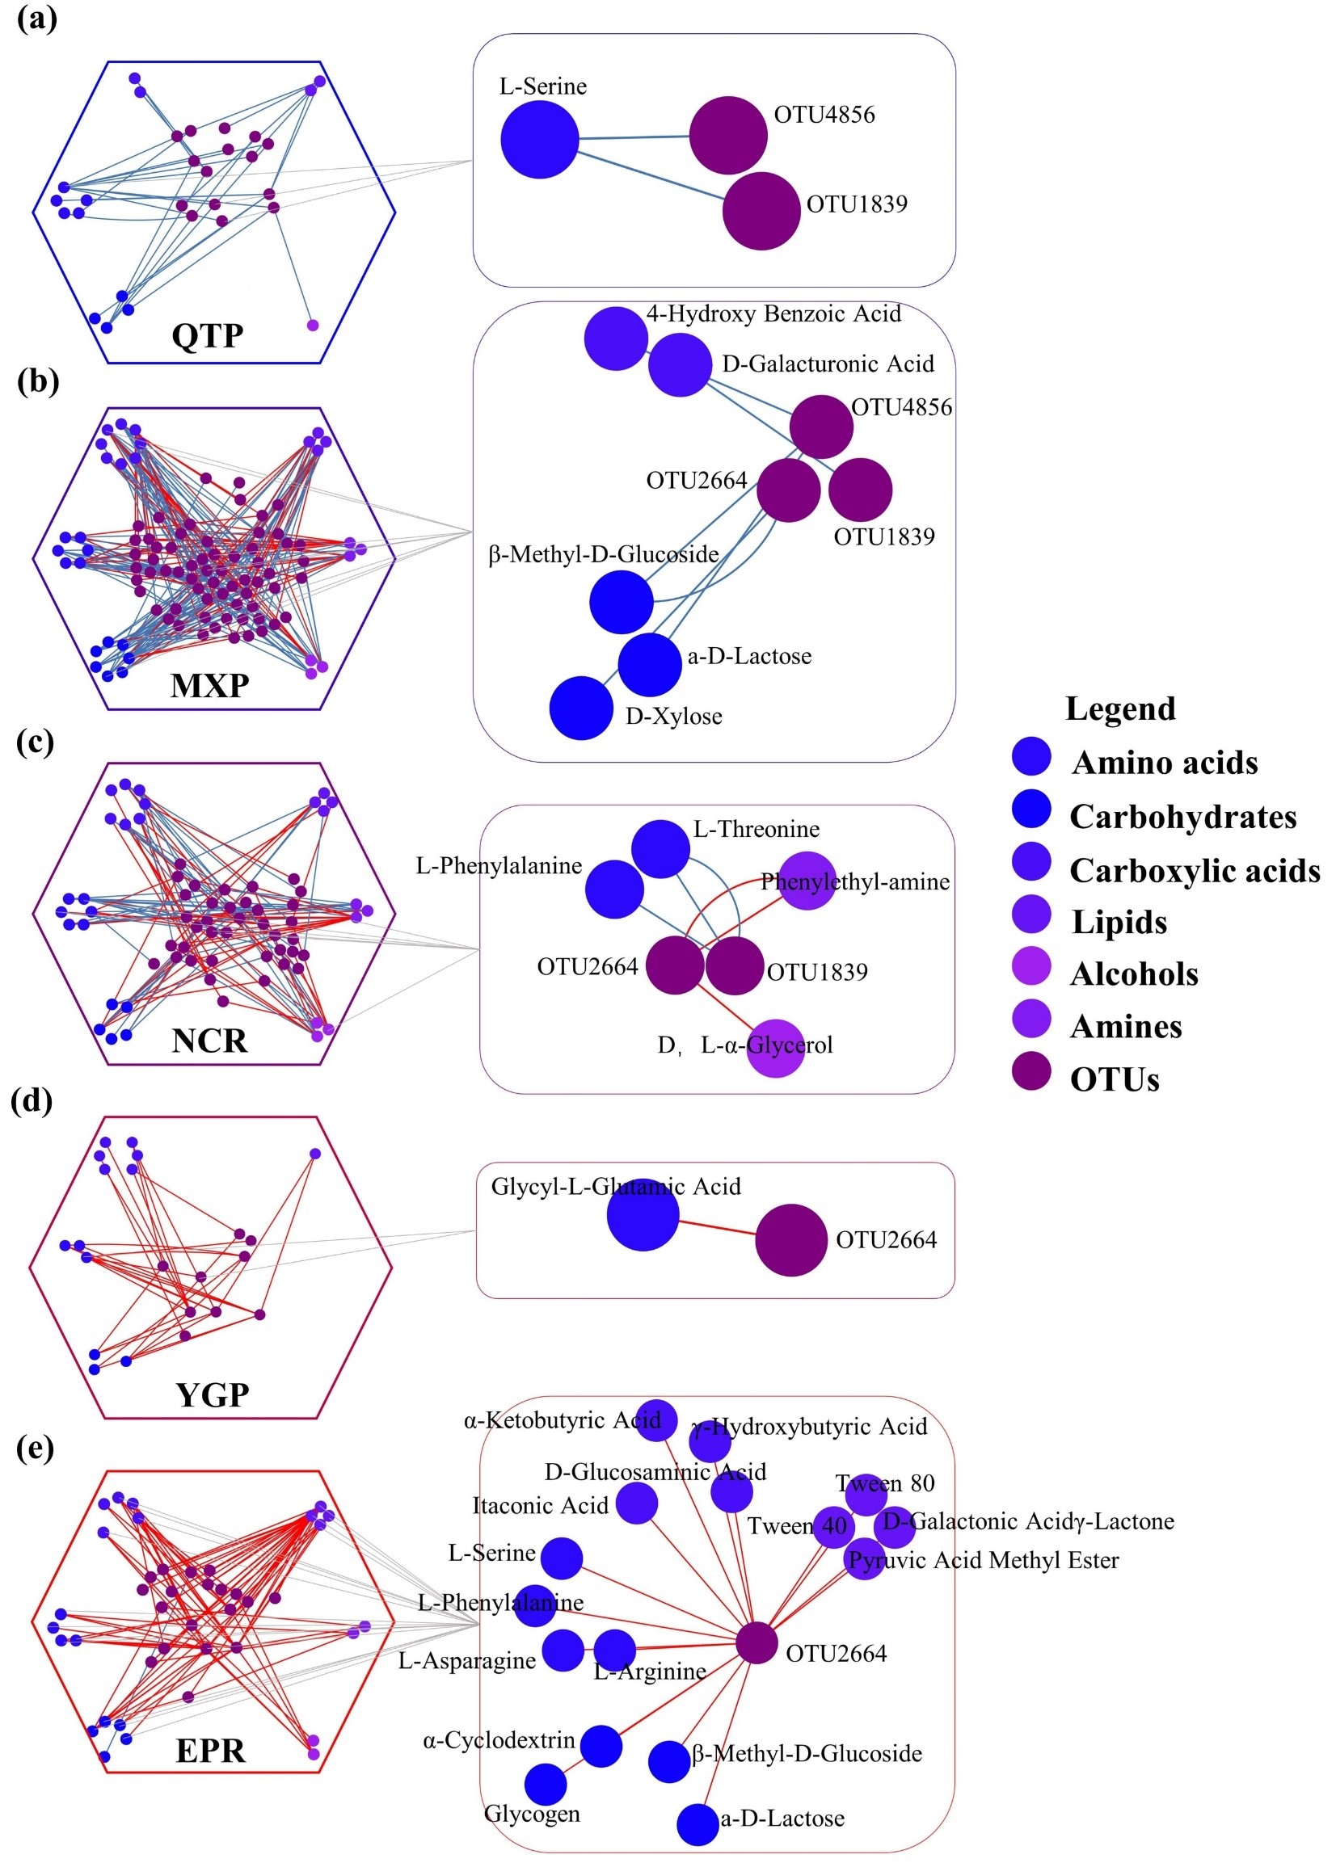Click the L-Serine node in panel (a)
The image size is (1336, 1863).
pyautogui.click(x=539, y=139)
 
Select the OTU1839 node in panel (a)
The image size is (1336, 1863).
pyautogui.click(x=761, y=210)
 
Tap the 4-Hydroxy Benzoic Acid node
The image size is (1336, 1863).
pyautogui.click(x=615, y=339)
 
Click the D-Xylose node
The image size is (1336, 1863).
pyautogui.click(x=581, y=707)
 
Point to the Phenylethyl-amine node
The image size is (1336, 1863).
pyautogui.click(x=806, y=881)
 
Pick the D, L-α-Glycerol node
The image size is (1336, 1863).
pyautogui.click(x=775, y=1047)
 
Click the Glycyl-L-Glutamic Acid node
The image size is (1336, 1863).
pyautogui.click(x=643, y=1215)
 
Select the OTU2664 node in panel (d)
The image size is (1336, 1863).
pyautogui.click(x=790, y=1239)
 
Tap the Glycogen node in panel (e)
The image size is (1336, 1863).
pyautogui.click(x=545, y=1784)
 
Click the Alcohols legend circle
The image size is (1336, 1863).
pyautogui.click(x=1031, y=965)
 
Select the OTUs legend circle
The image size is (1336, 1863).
pyautogui.click(x=1031, y=1070)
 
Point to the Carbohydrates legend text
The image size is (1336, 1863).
pyautogui.click(x=1182, y=817)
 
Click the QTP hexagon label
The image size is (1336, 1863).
pyautogui.click(x=207, y=335)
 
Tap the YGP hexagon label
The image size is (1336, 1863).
pyautogui.click(x=212, y=1394)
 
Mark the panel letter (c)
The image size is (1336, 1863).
pyautogui.click(x=36, y=742)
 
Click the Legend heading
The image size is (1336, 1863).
pyautogui.click(x=1120, y=708)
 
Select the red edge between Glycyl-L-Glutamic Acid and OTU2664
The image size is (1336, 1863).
pyautogui.click(x=716, y=1227)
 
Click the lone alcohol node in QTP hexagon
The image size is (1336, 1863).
pyautogui.click(x=312, y=325)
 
